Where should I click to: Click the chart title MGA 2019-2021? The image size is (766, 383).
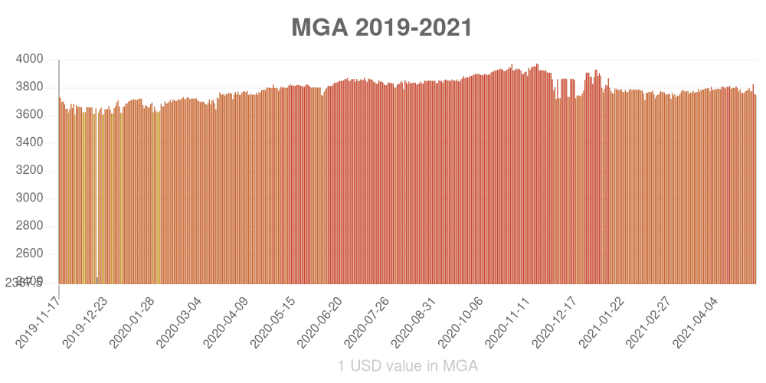click(x=381, y=28)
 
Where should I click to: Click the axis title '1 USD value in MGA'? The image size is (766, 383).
click(x=408, y=366)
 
